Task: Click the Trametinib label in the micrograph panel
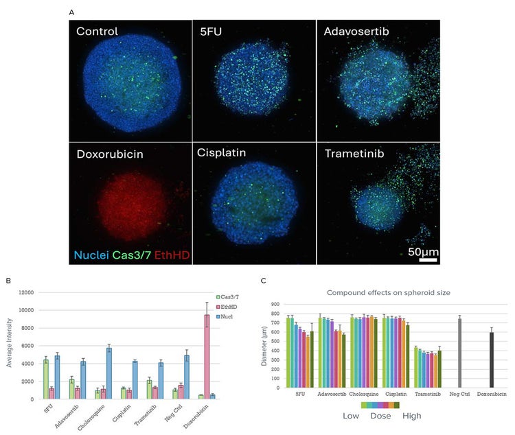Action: point(355,153)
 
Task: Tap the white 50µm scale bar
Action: point(428,259)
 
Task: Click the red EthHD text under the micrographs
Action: point(172,255)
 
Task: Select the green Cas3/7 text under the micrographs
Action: point(134,255)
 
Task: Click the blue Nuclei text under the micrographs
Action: point(92,255)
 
